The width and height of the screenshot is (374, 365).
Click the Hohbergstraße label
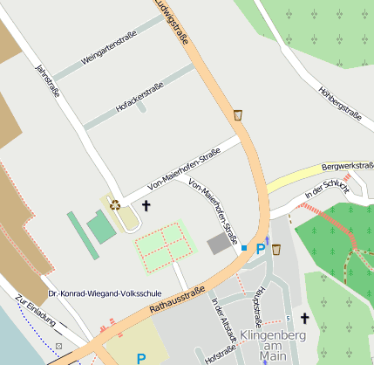[x=339, y=101]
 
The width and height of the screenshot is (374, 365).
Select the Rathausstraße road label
[x=175, y=300]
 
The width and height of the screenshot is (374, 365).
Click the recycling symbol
[x=115, y=204]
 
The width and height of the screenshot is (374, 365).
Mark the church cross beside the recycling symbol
[x=146, y=206]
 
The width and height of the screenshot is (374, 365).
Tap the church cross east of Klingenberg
[x=305, y=319]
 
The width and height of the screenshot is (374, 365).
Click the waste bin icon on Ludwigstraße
[x=237, y=114]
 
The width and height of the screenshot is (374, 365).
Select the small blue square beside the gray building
[x=244, y=248]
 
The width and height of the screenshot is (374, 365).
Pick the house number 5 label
[x=288, y=318]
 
